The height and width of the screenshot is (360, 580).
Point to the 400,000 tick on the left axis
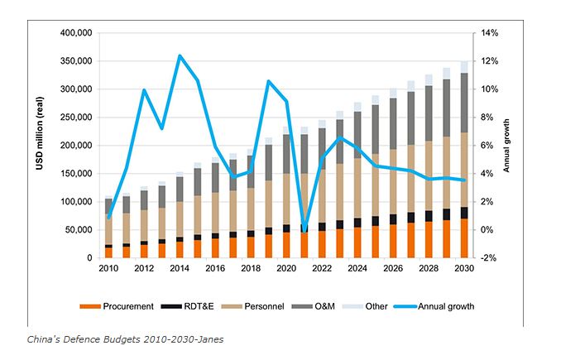[75, 33]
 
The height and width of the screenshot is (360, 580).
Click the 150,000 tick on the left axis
[75, 174]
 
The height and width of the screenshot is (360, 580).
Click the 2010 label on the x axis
[108, 270]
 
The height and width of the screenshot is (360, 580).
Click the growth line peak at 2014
[180, 56]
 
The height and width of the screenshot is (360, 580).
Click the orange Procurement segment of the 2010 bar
[108, 252]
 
